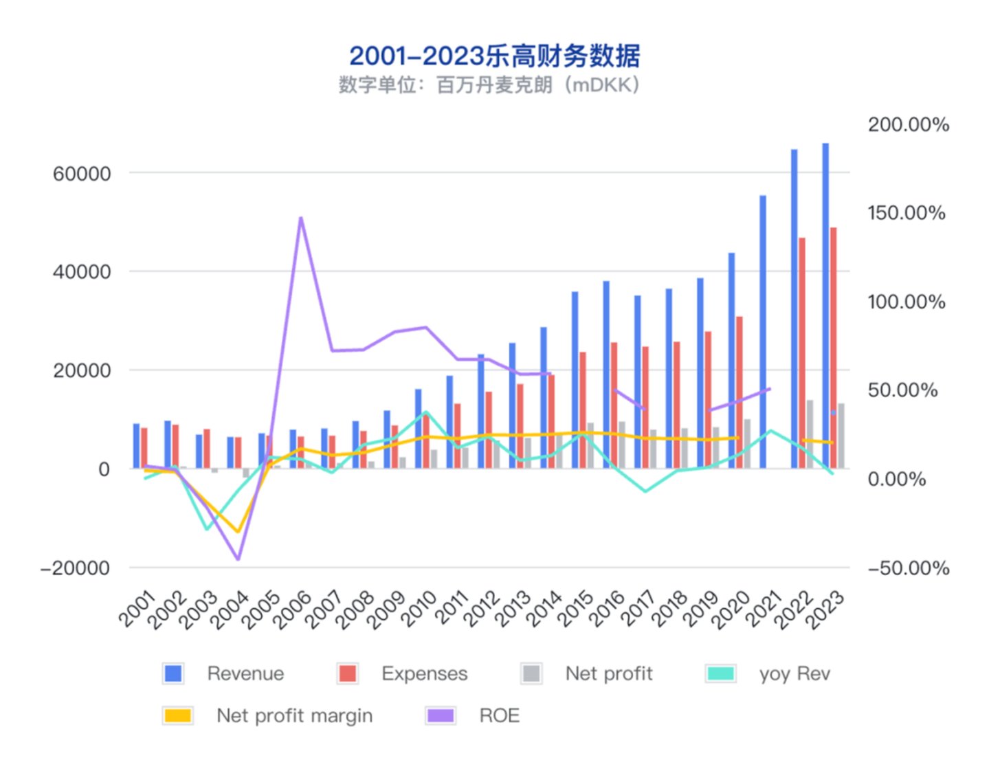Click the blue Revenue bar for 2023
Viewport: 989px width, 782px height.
click(x=825, y=306)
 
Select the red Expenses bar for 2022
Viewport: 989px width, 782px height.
click(x=801, y=353)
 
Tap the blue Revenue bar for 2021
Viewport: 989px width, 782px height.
click(x=763, y=332)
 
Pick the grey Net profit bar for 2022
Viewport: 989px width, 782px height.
click(x=810, y=434)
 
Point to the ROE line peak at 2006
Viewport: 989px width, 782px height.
click(x=300, y=219)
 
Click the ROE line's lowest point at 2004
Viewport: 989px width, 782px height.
click(x=238, y=559)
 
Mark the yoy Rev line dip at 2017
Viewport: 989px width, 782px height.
click(x=645, y=491)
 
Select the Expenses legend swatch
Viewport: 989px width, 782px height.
click(x=348, y=673)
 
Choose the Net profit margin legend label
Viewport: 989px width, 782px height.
click(x=294, y=715)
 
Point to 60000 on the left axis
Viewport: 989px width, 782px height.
click(x=82, y=174)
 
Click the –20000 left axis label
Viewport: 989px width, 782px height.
click(x=76, y=568)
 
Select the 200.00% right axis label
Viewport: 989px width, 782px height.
click(x=908, y=124)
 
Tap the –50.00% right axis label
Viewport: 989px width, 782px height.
click(x=908, y=568)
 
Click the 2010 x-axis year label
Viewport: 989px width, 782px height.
click(x=420, y=607)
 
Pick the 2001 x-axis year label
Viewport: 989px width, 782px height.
click(x=138, y=607)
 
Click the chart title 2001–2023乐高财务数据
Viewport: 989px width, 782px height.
click(x=494, y=56)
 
